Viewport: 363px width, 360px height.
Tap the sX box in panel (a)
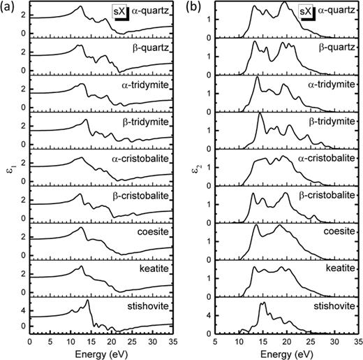121,12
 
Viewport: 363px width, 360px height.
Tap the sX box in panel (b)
306,12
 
